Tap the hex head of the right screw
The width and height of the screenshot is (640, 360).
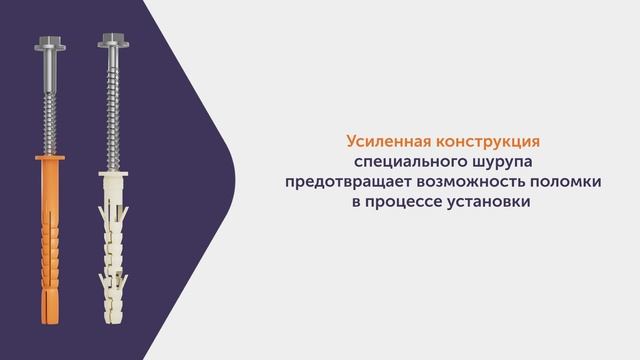tap(110, 46)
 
